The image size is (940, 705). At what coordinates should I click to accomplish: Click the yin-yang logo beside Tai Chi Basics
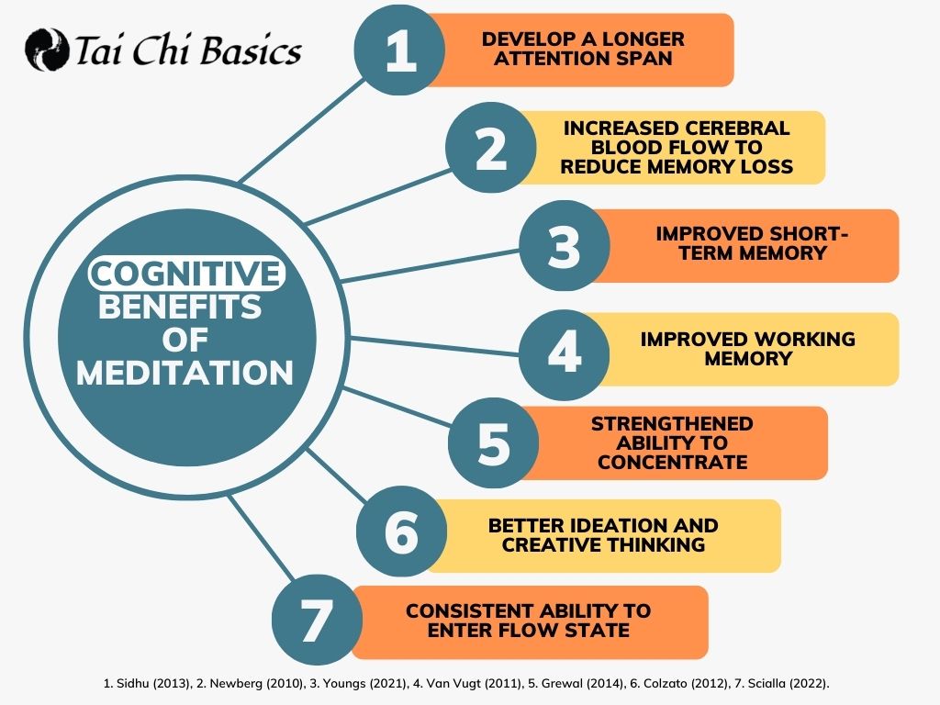click(47, 50)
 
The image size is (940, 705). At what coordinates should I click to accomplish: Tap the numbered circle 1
click(399, 50)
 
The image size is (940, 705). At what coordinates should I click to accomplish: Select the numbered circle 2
click(490, 148)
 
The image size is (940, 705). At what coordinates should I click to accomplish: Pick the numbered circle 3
click(565, 246)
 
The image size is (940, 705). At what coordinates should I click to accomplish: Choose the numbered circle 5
click(493, 443)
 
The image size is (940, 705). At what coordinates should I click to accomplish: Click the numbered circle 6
click(401, 532)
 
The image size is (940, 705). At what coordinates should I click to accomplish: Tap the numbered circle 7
click(317, 620)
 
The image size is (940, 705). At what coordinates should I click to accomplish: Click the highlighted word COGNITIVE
click(185, 274)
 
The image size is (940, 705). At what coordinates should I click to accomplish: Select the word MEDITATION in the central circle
click(185, 373)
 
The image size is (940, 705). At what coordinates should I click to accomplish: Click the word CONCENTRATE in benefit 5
click(673, 463)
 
